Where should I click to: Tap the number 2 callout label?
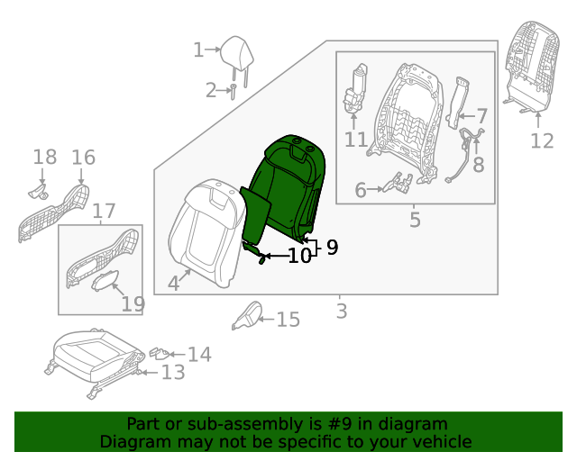211,90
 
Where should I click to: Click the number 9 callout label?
332,247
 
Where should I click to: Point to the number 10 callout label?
299,256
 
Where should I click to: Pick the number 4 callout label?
173,284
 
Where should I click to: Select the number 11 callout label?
356,140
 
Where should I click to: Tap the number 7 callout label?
481,116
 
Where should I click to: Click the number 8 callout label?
478,165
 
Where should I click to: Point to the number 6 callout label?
361,190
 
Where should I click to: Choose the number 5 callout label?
415,219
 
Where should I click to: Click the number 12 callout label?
541,140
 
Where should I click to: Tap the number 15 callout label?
288,320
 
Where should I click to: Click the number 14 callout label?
199,354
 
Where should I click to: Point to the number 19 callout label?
133,303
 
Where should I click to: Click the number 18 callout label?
44,158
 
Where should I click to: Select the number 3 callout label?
341,312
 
